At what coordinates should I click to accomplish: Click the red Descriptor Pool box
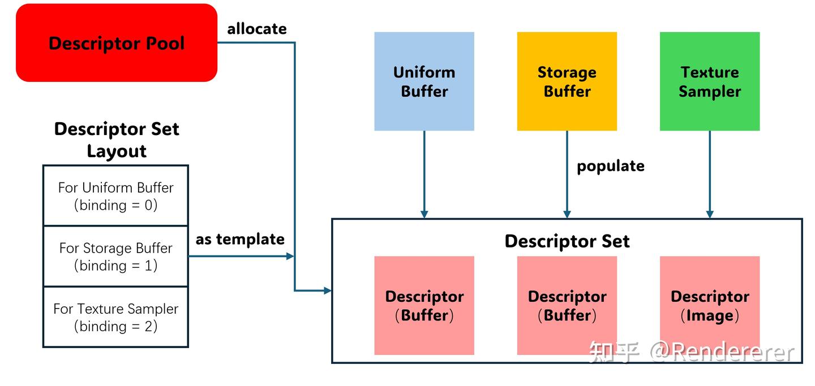117,43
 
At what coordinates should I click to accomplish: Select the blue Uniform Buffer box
424,81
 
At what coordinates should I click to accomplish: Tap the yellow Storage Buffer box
567,81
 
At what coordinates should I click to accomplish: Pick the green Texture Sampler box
710,81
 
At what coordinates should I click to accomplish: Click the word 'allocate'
257,29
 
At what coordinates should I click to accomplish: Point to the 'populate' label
610,166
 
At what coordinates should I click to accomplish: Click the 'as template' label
240,239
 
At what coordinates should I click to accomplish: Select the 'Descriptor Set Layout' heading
117,140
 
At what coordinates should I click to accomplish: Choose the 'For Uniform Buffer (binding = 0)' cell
115,196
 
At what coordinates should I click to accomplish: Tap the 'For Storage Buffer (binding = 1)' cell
115,256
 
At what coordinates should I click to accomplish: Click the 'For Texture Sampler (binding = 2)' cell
115,316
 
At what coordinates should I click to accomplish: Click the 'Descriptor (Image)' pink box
710,306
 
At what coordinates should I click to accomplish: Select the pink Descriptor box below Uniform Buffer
424,306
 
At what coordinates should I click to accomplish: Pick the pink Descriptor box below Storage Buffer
567,306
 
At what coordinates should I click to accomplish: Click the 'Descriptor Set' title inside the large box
567,241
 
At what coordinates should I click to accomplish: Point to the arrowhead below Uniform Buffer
424,214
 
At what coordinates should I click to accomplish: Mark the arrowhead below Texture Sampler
710,214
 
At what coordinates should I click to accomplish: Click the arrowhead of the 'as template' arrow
290,256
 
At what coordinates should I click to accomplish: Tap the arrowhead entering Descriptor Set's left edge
327,290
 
